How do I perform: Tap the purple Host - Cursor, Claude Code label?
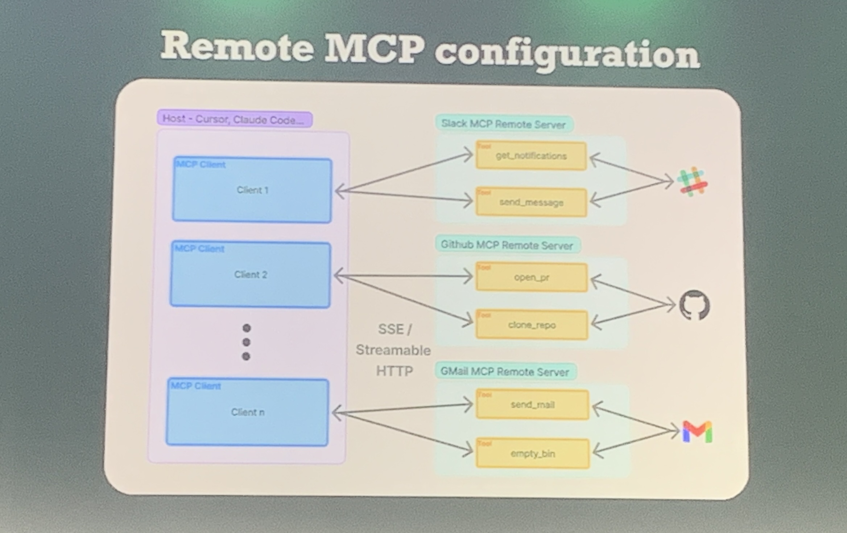(235, 119)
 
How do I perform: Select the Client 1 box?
(252, 190)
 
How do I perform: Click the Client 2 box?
(250, 275)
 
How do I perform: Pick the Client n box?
(247, 412)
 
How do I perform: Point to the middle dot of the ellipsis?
(246, 342)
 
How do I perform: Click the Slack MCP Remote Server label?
(504, 124)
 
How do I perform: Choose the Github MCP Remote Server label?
(507, 245)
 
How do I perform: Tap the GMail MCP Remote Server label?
(505, 372)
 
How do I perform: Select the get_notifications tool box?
(531, 156)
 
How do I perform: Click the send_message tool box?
(531, 202)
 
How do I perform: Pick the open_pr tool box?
(532, 278)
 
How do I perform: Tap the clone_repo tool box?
(532, 325)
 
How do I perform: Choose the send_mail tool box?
(533, 405)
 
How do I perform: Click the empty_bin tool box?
(533, 454)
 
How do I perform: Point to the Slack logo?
(693, 182)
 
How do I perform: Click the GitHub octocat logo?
(694, 305)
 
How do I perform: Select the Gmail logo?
(697, 432)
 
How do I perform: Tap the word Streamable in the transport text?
(393, 350)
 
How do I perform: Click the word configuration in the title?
(567, 55)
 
